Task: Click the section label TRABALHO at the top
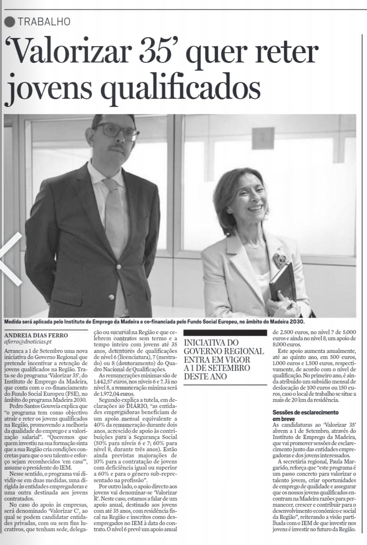coord(44,22)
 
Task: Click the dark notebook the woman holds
coord(283,282)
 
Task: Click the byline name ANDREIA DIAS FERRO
coord(36,335)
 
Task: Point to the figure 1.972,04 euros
coord(116,394)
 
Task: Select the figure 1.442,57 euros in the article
coord(111,380)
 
